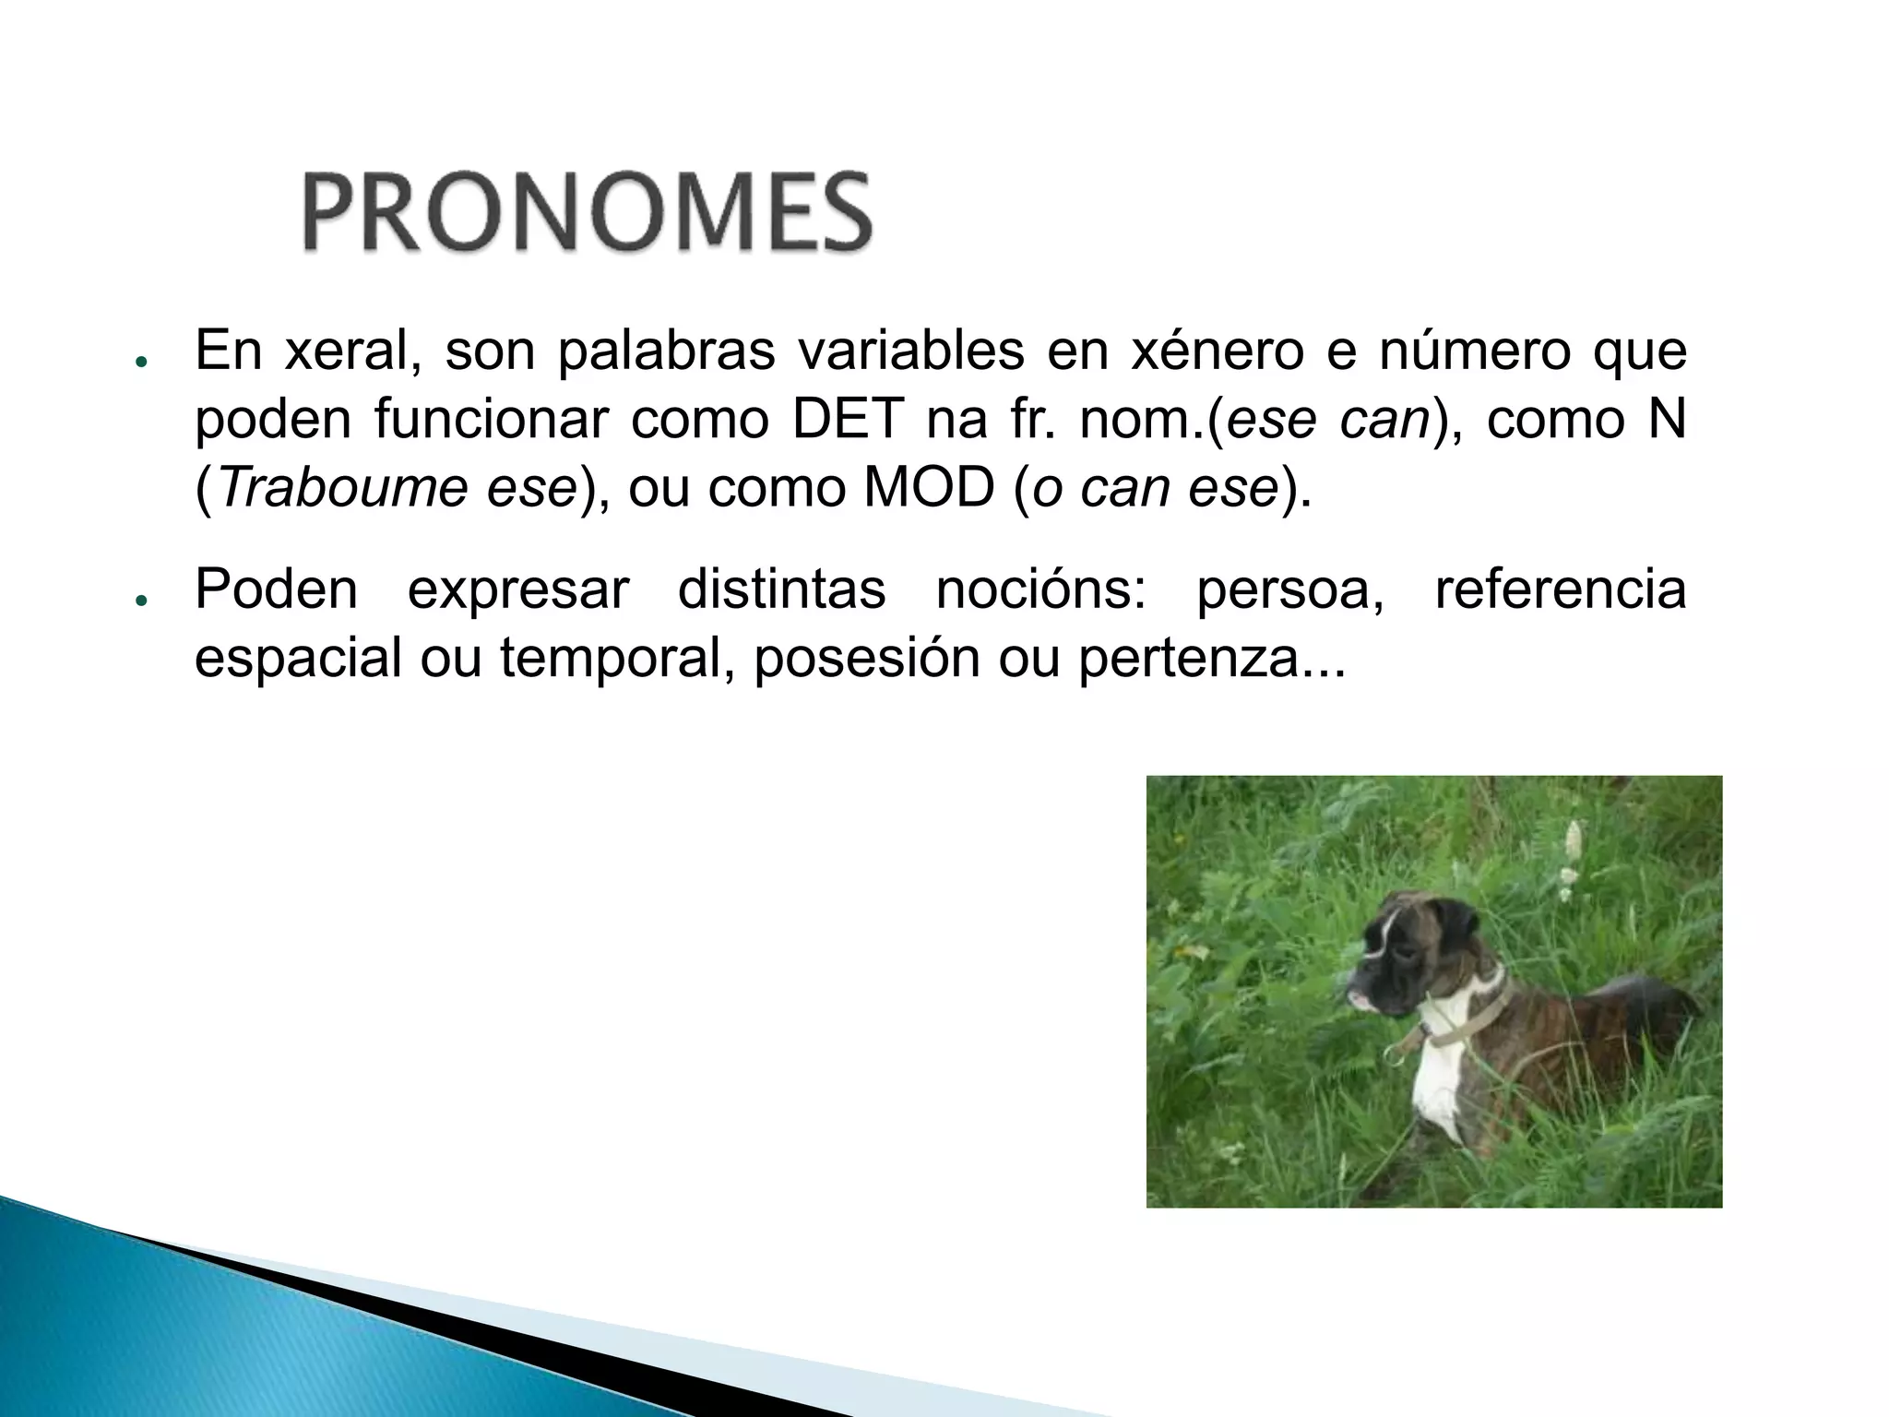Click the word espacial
tap(298, 659)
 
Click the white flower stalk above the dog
tap(1572, 853)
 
